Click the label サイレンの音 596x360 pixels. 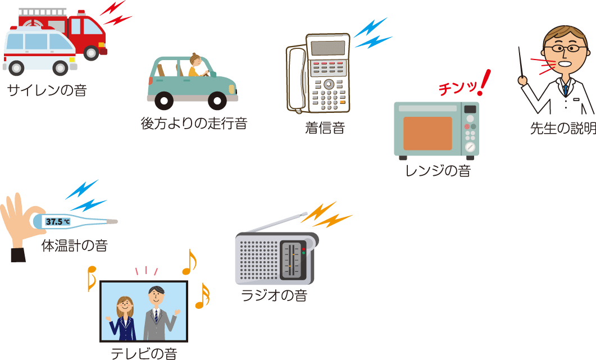click(47, 90)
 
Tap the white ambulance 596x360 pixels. click(39, 51)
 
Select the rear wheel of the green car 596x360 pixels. click(163, 101)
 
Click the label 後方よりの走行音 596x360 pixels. click(194, 123)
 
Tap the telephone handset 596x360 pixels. click(296, 79)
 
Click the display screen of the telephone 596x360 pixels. click(328, 48)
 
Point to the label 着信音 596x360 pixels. click(324, 128)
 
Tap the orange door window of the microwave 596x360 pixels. click(427, 133)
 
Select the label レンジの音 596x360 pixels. click(438, 171)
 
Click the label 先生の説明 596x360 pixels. click(562, 129)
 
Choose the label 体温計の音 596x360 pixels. click(75, 245)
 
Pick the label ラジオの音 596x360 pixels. click(274, 295)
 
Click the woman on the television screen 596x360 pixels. click(125, 318)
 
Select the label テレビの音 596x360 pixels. click(144, 353)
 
